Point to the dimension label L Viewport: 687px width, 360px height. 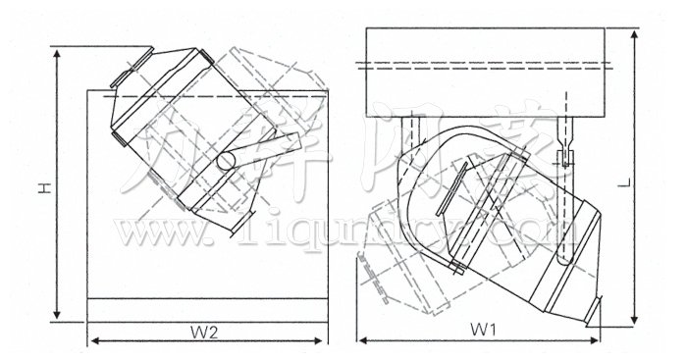tap(650, 182)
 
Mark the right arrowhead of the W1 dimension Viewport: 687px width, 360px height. tap(601, 340)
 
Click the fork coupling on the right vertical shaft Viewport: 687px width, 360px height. tap(565, 157)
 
